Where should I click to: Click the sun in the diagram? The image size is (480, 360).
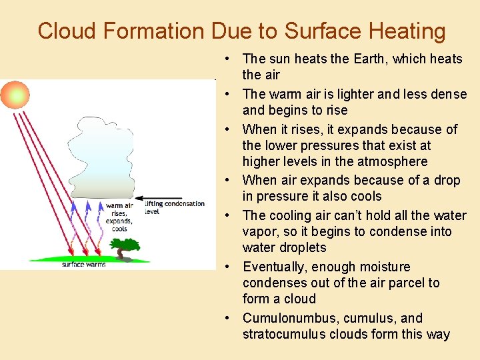pos(15,96)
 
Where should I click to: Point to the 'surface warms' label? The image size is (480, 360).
pos(83,265)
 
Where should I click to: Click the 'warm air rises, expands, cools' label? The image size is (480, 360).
pos(119,217)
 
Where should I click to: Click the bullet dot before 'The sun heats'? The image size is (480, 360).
pos(228,59)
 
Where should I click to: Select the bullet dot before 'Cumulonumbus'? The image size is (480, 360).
pos(228,318)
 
